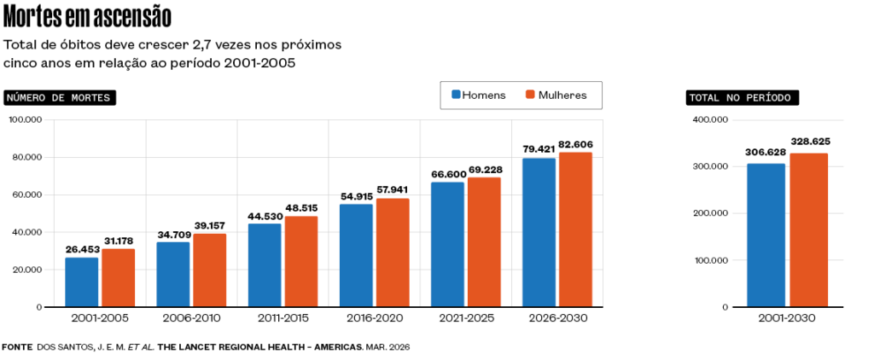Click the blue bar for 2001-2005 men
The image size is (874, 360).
pos(82,282)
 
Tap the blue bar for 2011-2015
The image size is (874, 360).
pos(265,265)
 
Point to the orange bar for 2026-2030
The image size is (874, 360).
pos(575,229)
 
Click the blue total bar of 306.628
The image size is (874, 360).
pos(766,235)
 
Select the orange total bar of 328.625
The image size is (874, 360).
pos(808,230)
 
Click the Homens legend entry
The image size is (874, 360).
pos(478,95)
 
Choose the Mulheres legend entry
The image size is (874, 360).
pos(556,95)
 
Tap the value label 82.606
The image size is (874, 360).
pos(575,145)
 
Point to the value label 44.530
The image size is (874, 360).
pos(265,216)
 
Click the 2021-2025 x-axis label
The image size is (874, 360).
pos(465,318)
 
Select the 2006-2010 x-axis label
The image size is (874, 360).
pos(190,318)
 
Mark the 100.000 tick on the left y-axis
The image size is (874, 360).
pos(26,120)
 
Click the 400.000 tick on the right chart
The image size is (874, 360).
pos(710,120)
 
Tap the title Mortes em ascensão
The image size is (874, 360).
pos(87,16)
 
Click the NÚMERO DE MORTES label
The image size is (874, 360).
pos(60,98)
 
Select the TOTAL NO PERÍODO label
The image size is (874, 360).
pos(742,98)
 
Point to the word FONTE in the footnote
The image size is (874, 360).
pos(17,347)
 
